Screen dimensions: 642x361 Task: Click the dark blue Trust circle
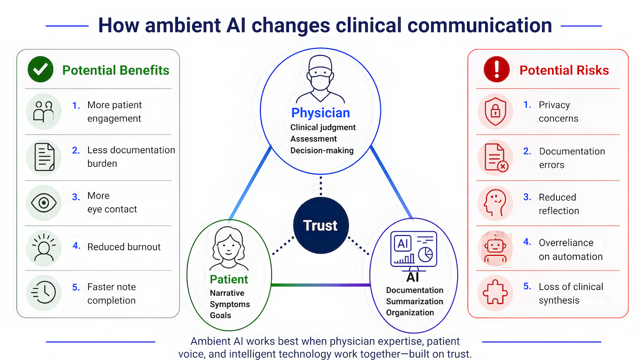point(321,225)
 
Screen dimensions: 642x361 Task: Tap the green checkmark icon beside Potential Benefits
point(41,69)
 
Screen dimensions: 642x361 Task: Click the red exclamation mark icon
point(496,69)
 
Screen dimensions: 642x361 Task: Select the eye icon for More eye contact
point(43,203)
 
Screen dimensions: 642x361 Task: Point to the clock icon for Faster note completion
point(43,292)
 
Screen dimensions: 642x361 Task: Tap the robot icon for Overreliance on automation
point(495,248)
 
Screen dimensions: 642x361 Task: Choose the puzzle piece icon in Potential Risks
point(495,292)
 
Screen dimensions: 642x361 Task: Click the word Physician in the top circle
point(321,113)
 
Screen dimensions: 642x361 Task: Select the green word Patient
point(229,279)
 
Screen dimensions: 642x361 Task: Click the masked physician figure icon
point(320,79)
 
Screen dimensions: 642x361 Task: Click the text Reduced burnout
point(124,247)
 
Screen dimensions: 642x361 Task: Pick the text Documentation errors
point(572,158)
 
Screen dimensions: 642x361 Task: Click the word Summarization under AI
point(414,301)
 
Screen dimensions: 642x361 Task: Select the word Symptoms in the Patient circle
point(230,304)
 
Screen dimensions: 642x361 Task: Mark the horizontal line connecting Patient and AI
point(321,285)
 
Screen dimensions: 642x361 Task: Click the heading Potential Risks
point(564,70)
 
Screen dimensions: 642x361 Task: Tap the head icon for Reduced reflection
point(495,203)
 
